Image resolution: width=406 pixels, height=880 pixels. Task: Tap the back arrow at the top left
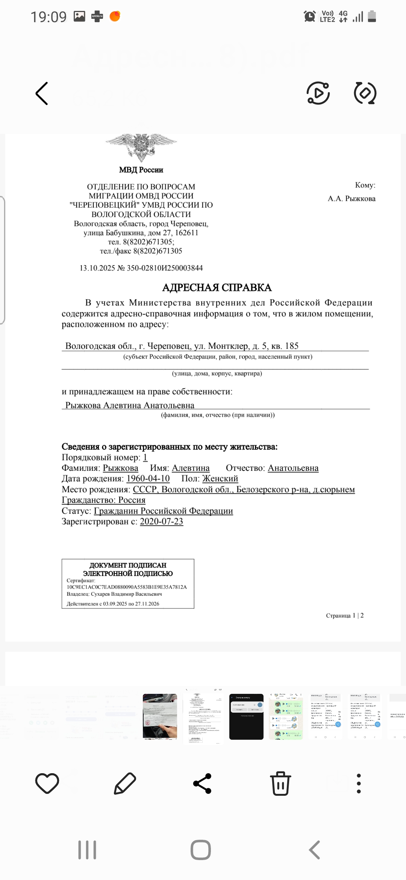[42, 93]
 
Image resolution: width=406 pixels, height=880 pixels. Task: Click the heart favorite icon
[47, 784]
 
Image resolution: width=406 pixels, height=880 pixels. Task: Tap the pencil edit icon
[125, 784]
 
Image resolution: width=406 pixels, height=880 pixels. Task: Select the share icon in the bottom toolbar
[202, 784]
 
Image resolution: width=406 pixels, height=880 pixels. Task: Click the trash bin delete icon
[280, 784]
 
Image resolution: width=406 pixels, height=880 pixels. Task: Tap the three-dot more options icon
[359, 784]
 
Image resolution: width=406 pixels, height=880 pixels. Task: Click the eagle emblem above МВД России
[141, 147]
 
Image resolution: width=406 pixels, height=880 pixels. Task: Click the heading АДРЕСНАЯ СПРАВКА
[217, 288]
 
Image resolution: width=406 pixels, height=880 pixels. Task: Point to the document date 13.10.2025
[97, 268]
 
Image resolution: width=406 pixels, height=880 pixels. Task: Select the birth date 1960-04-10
[148, 479]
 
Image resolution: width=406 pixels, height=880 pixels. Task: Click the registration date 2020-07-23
[161, 522]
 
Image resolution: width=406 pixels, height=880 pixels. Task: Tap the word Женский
[220, 479]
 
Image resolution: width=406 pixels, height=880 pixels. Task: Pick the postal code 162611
[186, 233]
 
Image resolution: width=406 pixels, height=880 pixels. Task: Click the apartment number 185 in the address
[292, 346]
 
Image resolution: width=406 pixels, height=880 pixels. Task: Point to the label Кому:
[365, 185]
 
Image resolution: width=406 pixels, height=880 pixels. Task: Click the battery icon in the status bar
[372, 17]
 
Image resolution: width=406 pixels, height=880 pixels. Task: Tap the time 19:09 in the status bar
[48, 17]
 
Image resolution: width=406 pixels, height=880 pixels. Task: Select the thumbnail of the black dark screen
[246, 717]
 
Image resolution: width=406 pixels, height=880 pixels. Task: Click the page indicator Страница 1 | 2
[345, 616]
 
